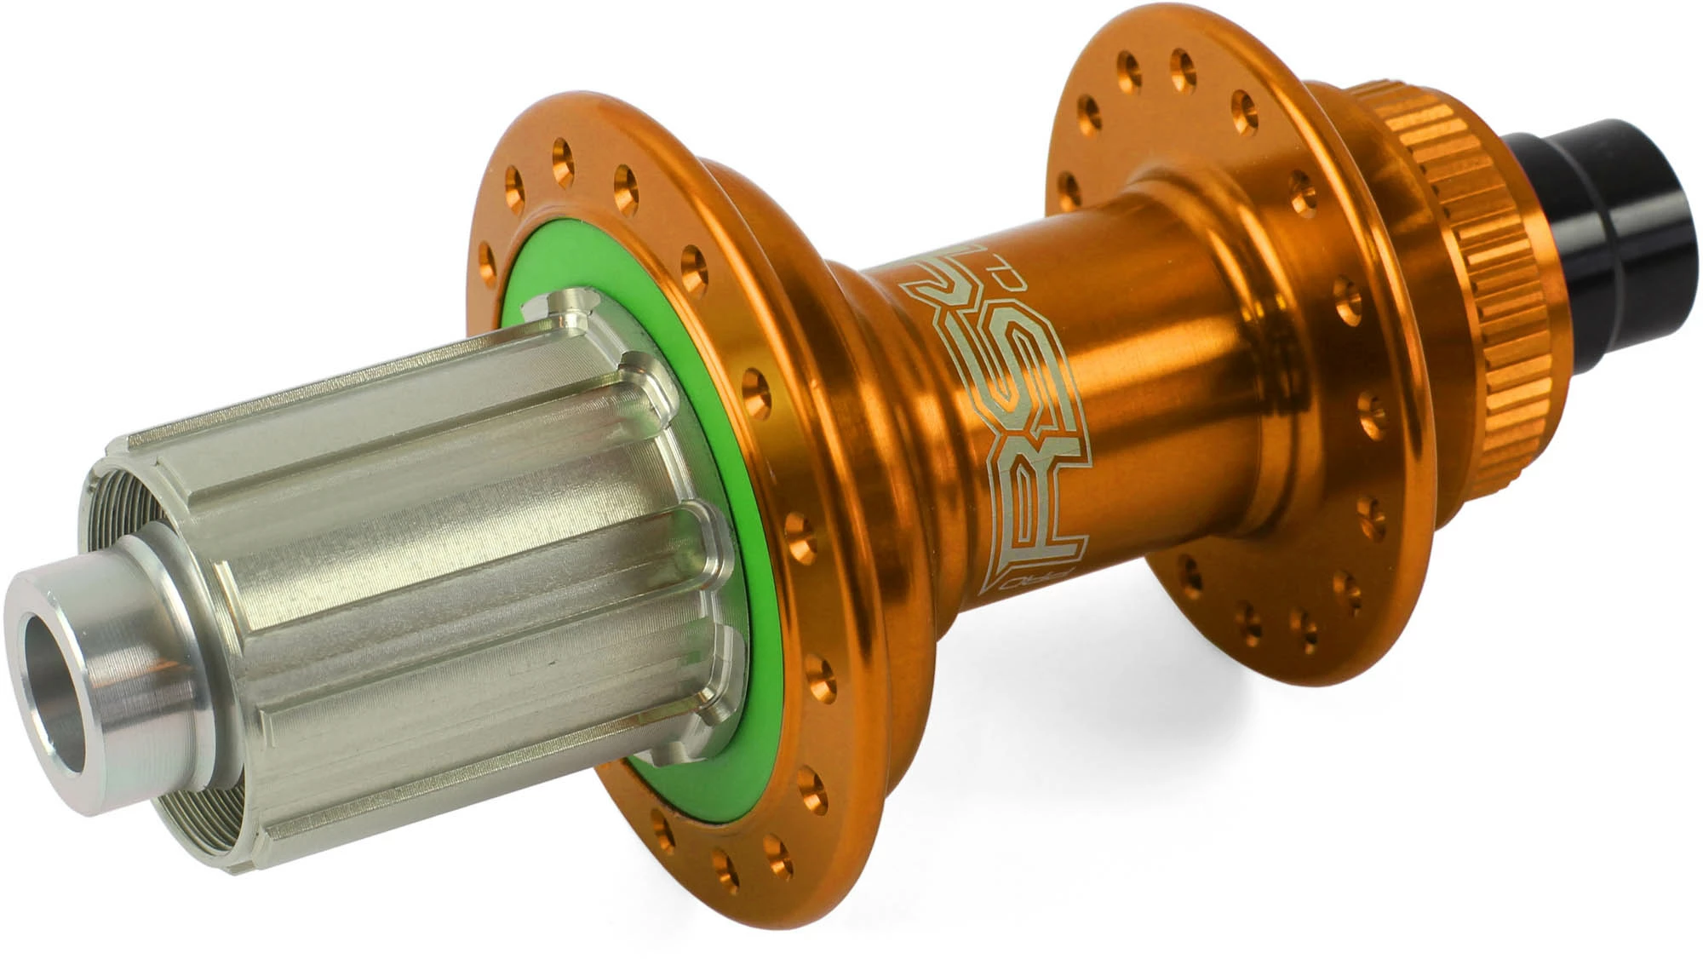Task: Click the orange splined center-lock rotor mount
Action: pyautogui.click(x=1456, y=281)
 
